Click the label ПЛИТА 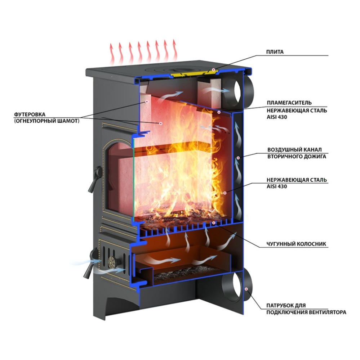pos(275,52)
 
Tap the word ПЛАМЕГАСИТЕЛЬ pos(289,103)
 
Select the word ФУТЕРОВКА pos(30,114)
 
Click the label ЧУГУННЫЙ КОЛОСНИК pos(296,244)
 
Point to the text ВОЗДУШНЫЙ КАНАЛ pos(294,150)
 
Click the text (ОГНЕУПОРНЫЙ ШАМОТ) pos(47,121)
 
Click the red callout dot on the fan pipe pos(246,289)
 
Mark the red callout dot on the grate pos(214,223)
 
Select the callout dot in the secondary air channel pos(238,158)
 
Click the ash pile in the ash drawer pos(184,274)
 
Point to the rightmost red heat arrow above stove pos(175,50)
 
